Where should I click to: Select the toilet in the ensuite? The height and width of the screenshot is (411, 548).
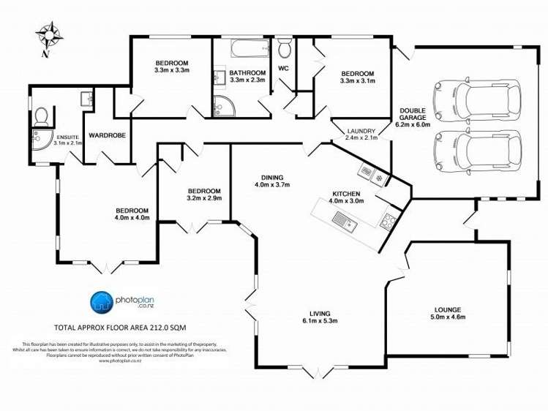42,116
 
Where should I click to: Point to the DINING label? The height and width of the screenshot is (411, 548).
272,177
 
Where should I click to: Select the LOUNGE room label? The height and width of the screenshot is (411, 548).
448,309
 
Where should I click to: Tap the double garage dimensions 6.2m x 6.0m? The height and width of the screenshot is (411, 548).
413,124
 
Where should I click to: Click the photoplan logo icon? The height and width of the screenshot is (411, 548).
100,301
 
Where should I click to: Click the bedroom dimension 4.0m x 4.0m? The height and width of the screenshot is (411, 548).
132,217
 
